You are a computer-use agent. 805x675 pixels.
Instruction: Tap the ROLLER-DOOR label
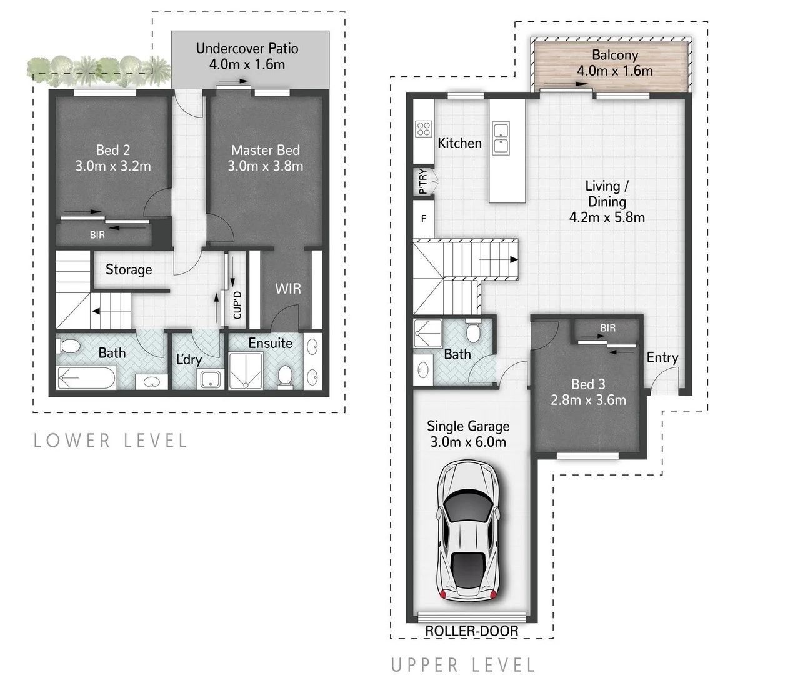471,631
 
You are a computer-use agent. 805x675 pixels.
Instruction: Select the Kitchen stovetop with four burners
423,129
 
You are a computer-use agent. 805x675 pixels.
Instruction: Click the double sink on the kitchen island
500,138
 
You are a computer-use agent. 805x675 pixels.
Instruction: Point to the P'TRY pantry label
423,181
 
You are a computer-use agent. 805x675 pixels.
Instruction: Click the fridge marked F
423,219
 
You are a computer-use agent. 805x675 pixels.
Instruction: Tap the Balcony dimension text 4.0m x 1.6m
614,71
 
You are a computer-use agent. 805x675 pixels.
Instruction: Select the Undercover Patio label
247,48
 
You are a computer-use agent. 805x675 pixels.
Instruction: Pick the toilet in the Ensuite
285,376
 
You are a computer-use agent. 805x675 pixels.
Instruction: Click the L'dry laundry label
188,359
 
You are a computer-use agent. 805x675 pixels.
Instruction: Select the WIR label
287,289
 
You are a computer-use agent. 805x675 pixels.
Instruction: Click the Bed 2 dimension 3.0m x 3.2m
113,166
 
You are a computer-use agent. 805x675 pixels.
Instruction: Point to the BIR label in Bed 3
607,328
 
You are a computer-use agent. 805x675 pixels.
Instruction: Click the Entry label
662,357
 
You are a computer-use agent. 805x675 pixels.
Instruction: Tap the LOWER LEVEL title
111,441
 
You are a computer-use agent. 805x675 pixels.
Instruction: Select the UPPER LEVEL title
463,665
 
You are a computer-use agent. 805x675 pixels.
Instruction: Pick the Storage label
129,269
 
